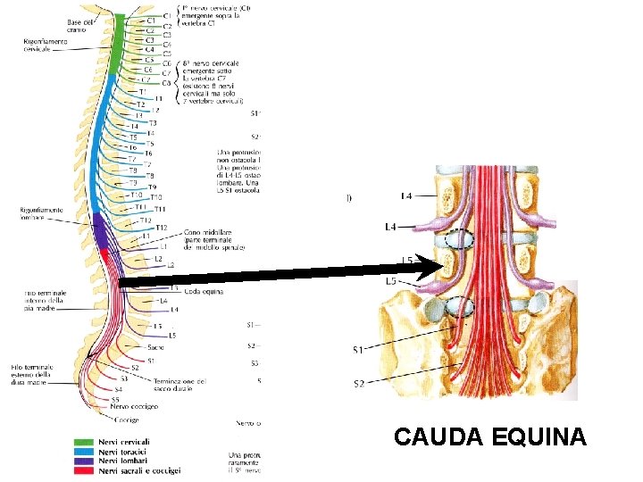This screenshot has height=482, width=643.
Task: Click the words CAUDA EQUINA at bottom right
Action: click(x=489, y=437)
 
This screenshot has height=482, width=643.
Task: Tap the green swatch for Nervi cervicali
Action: click(x=84, y=442)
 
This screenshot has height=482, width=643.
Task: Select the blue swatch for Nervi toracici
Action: click(x=84, y=452)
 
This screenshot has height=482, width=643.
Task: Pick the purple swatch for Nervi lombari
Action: click(x=84, y=461)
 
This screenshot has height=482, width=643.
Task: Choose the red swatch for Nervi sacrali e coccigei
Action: click(x=84, y=470)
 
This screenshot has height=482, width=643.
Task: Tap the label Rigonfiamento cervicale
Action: click(x=46, y=45)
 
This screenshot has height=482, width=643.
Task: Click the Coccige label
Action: click(x=126, y=420)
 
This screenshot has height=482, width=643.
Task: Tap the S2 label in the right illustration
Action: click(x=358, y=384)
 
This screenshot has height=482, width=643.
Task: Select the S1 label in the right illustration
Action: click(x=358, y=349)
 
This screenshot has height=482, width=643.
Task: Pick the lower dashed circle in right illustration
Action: click(x=461, y=306)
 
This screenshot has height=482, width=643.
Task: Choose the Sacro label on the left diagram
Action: click(x=155, y=346)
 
